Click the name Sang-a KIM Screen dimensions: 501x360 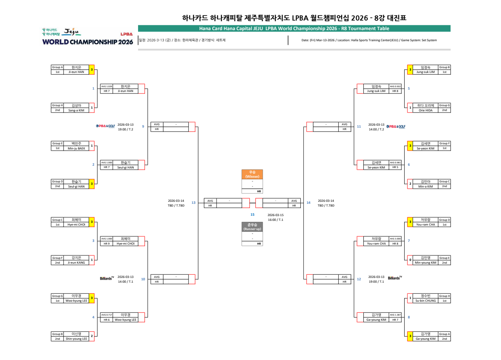tap(76, 110)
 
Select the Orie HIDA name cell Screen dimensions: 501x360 tap(426, 110)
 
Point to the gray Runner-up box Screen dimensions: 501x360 tap(252, 227)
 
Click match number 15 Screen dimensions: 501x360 tap(252, 214)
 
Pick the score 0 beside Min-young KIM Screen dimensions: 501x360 tap(411, 260)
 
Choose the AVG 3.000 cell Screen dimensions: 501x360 tap(395, 239)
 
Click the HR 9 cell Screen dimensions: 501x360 tap(106, 243)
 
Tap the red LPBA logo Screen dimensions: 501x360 tap(127, 34)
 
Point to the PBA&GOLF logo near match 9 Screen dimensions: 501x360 tap(105, 126)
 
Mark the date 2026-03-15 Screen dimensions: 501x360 tap(275, 215)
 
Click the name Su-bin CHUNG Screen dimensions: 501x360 tap(426, 301)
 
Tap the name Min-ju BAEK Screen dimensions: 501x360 tap(76, 148)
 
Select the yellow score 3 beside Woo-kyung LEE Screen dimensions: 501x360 tap(92, 298)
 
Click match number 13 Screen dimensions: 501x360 tap(194, 203)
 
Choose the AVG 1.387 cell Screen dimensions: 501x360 tap(395, 315)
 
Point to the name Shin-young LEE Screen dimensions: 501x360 tap(76, 339)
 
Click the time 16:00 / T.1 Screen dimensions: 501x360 tap(275, 220)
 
